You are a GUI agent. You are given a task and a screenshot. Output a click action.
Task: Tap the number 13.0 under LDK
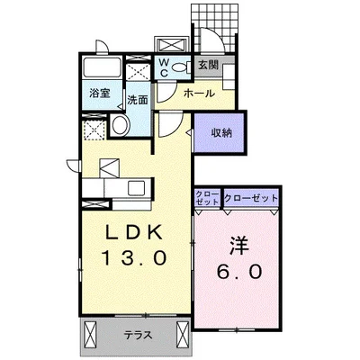pos(135,258)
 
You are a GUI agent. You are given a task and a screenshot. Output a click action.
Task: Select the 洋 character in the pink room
pos(238,243)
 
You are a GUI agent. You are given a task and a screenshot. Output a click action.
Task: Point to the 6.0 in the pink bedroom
pos(238,270)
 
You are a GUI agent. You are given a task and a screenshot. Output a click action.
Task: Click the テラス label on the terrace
pos(138,335)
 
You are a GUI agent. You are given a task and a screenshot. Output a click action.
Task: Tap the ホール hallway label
pos(197,94)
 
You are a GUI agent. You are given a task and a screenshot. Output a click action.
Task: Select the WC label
pos(168,66)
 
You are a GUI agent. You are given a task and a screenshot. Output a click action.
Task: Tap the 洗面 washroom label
pos(137,99)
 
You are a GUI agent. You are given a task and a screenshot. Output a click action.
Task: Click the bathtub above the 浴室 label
pos(102,69)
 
